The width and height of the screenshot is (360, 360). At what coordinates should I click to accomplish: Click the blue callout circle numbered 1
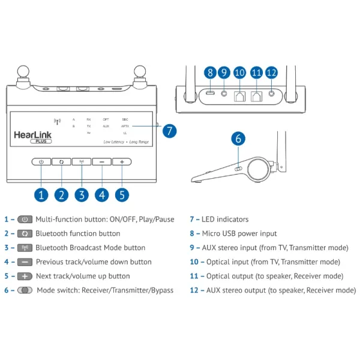click(41, 194)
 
